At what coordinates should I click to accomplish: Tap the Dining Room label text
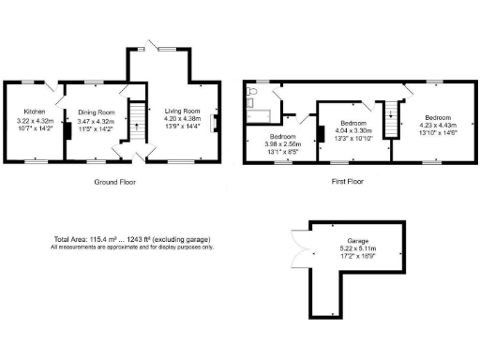coord(95,110)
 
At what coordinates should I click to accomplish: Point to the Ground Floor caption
coord(117,182)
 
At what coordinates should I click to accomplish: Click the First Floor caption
coord(347,182)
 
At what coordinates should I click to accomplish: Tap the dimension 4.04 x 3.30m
coord(352,131)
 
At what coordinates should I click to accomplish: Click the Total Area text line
coord(132,240)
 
